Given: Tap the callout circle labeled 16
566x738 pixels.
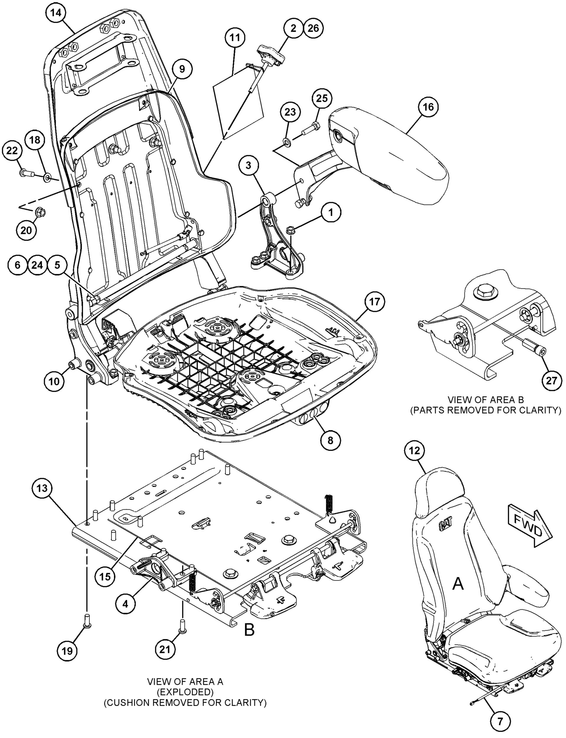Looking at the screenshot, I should pyautogui.click(x=428, y=107).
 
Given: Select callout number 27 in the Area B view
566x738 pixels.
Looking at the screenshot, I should pyautogui.click(x=552, y=381).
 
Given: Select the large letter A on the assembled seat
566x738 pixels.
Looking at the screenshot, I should pyautogui.click(x=458, y=584).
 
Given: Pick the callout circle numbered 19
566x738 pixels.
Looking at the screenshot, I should pyautogui.click(x=67, y=651).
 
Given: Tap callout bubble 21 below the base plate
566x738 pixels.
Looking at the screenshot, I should pyautogui.click(x=165, y=649).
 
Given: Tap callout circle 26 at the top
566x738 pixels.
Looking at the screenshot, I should pyautogui.click(x=313, y=28).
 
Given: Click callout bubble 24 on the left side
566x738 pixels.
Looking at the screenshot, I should pyautogui.click(x=37, y=265).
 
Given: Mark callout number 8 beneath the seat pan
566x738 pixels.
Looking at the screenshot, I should pyautogui.click(x=330, y=440).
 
